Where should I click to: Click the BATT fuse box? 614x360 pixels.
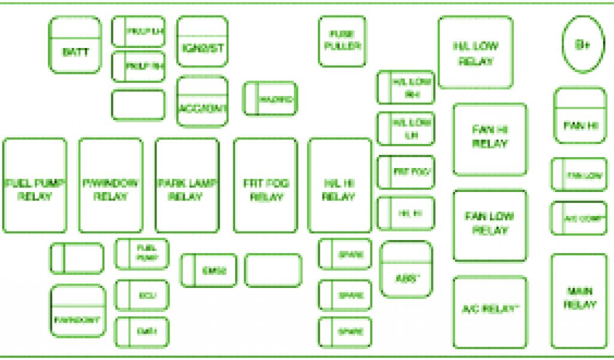[75, 46]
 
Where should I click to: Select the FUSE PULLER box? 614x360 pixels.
[342, 41]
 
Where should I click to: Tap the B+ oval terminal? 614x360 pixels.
[583, 44]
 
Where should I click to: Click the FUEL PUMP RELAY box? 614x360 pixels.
[35, 185]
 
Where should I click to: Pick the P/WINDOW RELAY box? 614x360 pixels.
[111, 185]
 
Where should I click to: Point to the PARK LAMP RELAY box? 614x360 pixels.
[187, 185]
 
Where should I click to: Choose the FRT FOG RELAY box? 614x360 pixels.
[265, 185]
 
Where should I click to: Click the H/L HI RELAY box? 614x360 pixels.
[339, 185]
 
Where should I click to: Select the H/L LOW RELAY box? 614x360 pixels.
[475, 53]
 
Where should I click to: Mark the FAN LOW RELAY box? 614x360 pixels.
[490, 226]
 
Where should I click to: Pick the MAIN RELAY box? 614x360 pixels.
[579, 301]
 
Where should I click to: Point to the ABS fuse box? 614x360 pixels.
[407, 269]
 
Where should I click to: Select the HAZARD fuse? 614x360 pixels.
[270, 99]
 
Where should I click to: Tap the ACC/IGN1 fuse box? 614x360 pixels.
[202, 101]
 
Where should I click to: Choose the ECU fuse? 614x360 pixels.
[142, 295]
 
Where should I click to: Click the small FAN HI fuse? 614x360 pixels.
[580, 116]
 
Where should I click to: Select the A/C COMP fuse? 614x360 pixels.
[579, 218]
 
